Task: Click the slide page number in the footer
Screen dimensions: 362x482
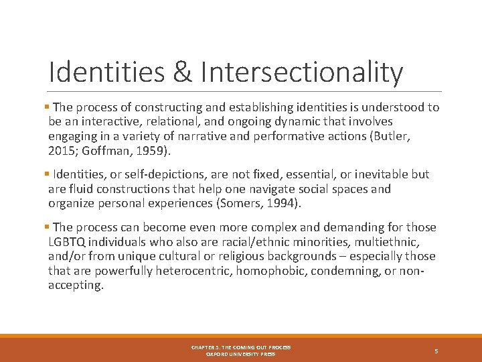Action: pos(436,351)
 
